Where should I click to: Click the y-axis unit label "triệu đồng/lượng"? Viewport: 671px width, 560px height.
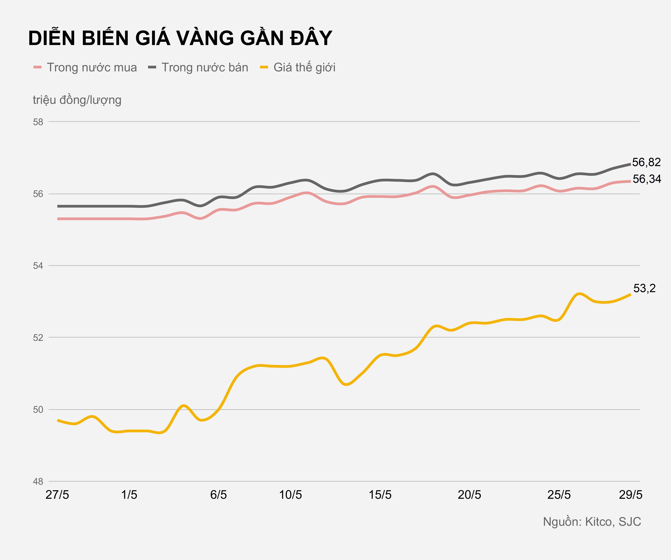[x=77, y=100]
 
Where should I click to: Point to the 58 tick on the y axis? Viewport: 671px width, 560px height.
[x=38, y=122]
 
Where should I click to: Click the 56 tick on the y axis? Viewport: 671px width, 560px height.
[x=38, y=194]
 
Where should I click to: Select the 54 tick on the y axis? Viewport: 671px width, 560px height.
[x=38, y=266]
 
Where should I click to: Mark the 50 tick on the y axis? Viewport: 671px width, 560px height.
[x=38, y=410]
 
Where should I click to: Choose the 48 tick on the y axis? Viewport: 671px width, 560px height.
[x=38, y=482]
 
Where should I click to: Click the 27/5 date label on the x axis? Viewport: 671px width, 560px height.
[x=57, y=495]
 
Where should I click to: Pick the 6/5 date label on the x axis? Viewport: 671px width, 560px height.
[x=219, y=495]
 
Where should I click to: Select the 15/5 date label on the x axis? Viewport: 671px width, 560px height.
[x=380, y=495]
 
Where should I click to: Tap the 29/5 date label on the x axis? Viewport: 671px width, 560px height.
[x=630, y=495]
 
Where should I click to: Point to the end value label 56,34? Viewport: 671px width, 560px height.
[x=647, y=179]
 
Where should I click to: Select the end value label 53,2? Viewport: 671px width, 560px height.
[x=644, y=288]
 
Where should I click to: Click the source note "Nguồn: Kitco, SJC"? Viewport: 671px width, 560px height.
[x=592, y=522]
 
